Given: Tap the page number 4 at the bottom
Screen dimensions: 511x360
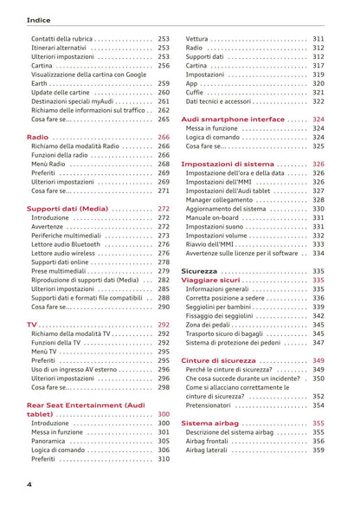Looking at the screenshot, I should tap(29, 484).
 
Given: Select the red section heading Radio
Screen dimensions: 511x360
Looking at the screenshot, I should tap(37, 137).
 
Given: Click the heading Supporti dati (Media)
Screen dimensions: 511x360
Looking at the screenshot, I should tap(67, 209).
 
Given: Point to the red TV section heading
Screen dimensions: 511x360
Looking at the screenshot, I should tap(32, 324).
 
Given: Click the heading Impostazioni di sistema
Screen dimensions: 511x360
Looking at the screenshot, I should tap(228, 163).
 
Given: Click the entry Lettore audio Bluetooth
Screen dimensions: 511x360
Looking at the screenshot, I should tap(66, 244).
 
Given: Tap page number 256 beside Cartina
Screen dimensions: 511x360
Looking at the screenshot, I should tap(164, 65).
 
